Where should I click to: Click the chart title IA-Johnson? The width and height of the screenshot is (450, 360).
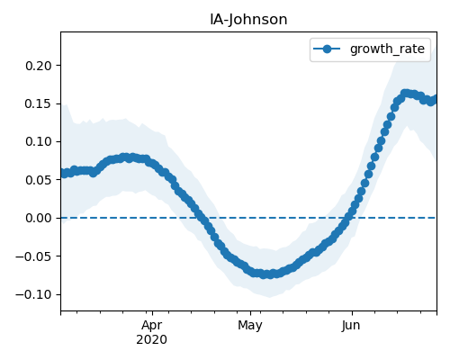248,20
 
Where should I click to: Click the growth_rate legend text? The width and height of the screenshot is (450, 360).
387,49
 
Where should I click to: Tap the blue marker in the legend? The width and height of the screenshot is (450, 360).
327,49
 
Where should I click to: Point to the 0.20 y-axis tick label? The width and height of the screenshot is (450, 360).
39,66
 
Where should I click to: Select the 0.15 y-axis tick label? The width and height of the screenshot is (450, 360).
39,103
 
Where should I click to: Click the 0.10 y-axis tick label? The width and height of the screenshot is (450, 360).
39,141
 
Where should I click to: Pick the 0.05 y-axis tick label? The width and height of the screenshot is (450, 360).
39,180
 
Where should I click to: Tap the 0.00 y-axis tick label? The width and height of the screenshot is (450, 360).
39,218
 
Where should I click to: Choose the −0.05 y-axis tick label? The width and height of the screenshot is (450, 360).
33,256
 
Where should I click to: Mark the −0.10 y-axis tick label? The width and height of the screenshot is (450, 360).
33,294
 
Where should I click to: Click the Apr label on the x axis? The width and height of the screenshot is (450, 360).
152,326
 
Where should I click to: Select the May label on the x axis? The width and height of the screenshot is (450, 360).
250,326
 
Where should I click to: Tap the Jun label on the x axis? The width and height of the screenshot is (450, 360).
351,326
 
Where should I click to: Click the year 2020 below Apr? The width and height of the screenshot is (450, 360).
151,339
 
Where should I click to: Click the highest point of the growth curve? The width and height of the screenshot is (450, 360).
405,94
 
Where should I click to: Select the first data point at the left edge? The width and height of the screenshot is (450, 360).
64,174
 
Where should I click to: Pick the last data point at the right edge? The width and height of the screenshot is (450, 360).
435,99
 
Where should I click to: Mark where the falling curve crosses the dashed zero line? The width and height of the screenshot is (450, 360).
201,218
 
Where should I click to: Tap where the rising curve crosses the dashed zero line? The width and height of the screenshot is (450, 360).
349,218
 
